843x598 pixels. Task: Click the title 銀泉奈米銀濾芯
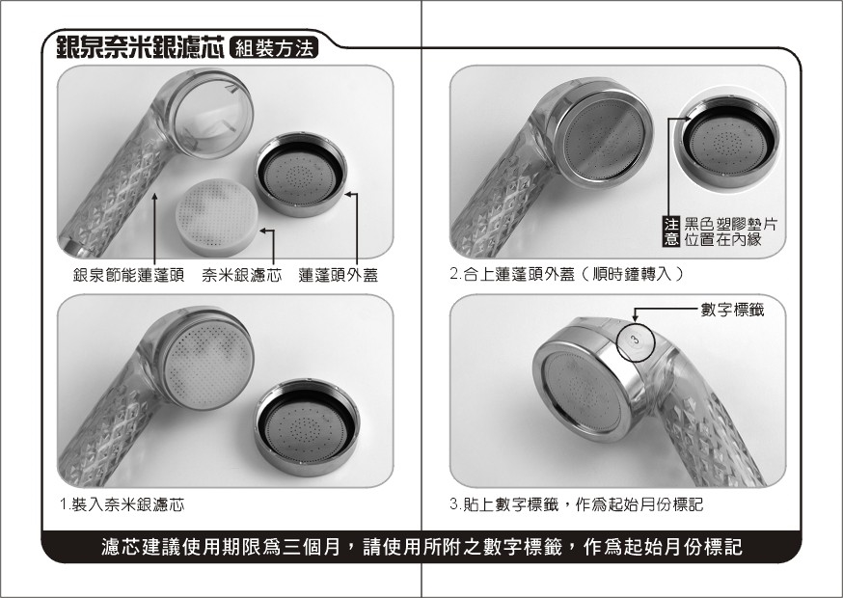point(140,48)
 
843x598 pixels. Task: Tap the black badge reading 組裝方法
point(274,48)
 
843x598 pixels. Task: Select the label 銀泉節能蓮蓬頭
point(128,275)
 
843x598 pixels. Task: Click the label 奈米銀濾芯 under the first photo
point(241,275)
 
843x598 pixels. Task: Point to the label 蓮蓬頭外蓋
point(339,275)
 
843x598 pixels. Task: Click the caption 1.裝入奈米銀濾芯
point(122,504)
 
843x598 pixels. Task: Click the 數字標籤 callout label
point(732,310)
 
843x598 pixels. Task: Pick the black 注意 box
point(670,231)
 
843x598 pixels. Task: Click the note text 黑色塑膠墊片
point(730,224)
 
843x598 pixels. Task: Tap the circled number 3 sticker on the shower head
point(636,340)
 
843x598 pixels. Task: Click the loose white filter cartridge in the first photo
point(217,216)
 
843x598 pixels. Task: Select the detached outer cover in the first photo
point(301,175)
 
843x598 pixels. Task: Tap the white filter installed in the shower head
point(208,366)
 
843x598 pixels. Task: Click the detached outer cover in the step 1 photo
point(307,427)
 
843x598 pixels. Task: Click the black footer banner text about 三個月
point(421,547)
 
